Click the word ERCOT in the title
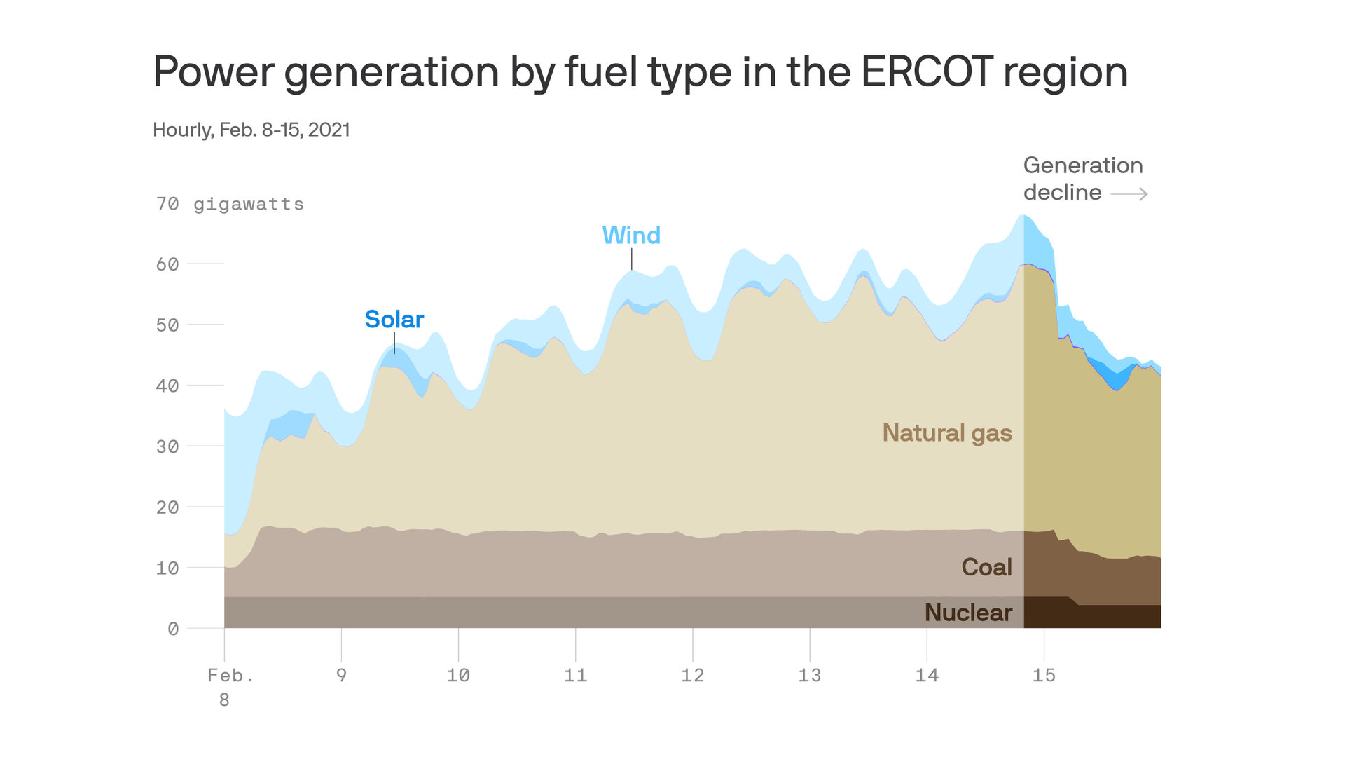point(926,71)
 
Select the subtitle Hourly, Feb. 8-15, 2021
point(251,130)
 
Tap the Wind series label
point(631,236)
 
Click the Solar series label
point(394,320)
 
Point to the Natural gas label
point(946,433)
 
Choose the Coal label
point(986,567)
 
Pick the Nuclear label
point(968,613)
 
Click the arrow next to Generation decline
point(1129,193)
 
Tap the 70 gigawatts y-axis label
point(230,204)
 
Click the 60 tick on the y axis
point(167,264)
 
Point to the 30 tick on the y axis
point(167,446)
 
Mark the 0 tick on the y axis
point(173,629)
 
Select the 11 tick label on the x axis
point(575,675)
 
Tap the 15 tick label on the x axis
point(1044,675)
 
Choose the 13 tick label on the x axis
point(809,675)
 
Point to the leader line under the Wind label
point(632,259)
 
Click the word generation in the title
point(391,71)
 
